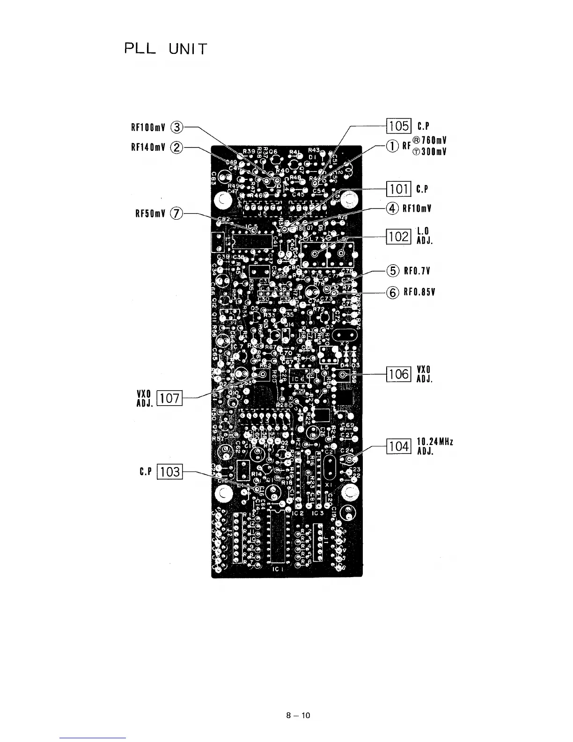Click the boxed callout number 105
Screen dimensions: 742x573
coord(399,126)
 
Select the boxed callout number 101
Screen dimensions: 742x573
coord(399,189)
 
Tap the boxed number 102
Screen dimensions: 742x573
coord(399,237)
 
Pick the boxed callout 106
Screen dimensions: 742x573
coord(399,374)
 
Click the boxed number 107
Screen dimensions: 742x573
coord(169,398)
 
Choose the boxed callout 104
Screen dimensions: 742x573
coord(399,446)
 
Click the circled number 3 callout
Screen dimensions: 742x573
coord(177,126)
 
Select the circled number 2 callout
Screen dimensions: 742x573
coord(176,148)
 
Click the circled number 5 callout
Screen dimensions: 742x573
coord(393,271)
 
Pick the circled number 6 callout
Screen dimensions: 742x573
coord(393,292)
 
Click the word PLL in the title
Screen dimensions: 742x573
coord(140,49)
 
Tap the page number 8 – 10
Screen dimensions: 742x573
coord(298,715)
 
